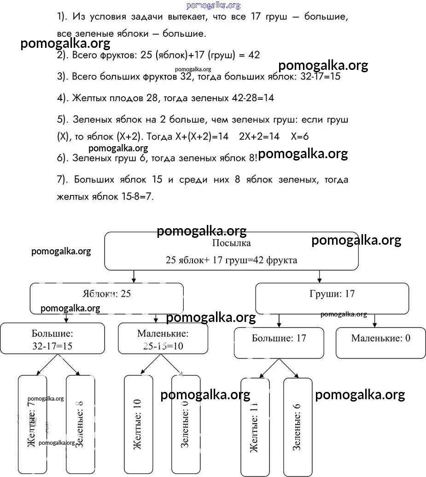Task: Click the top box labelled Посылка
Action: tap(231, 251)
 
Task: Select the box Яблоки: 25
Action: tap(107, 298)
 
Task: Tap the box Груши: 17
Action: tap(332, 298)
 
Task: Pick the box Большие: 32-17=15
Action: tap(52, 339)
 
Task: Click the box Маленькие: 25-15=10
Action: tap(163, 339)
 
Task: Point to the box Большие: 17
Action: tap(279, 342)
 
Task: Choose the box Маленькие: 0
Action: tap(380, 342)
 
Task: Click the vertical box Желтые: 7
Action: tap(32, 424)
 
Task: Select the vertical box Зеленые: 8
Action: tap(80, 424)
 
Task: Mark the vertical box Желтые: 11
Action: tap(255, 427)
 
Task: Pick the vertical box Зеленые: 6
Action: tap(298, 427)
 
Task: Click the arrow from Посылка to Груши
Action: tap(319, 276)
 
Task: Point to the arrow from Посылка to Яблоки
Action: tap(134, 276)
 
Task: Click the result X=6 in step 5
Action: tap(299, 137)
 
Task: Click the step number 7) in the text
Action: tap(62, 179)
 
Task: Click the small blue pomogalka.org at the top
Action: tap(213, 6)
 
